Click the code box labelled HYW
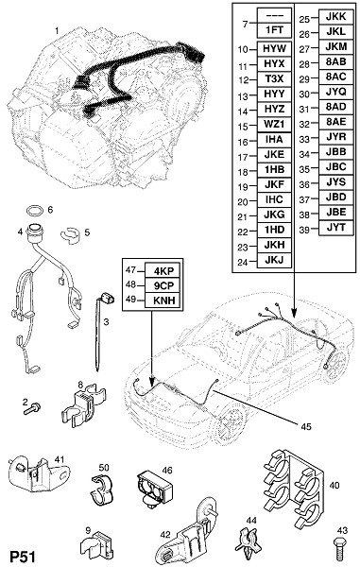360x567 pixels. point(274,49)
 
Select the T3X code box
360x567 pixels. point(274,78)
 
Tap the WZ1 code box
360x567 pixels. point(274,124)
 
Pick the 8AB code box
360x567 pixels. point(336,61)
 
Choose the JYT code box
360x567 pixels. point(336,228)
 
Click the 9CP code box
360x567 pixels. point(163,285)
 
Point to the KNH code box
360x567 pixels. point(163,301)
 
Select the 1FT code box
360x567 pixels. point(274,30)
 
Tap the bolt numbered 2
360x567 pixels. point(32,409)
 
